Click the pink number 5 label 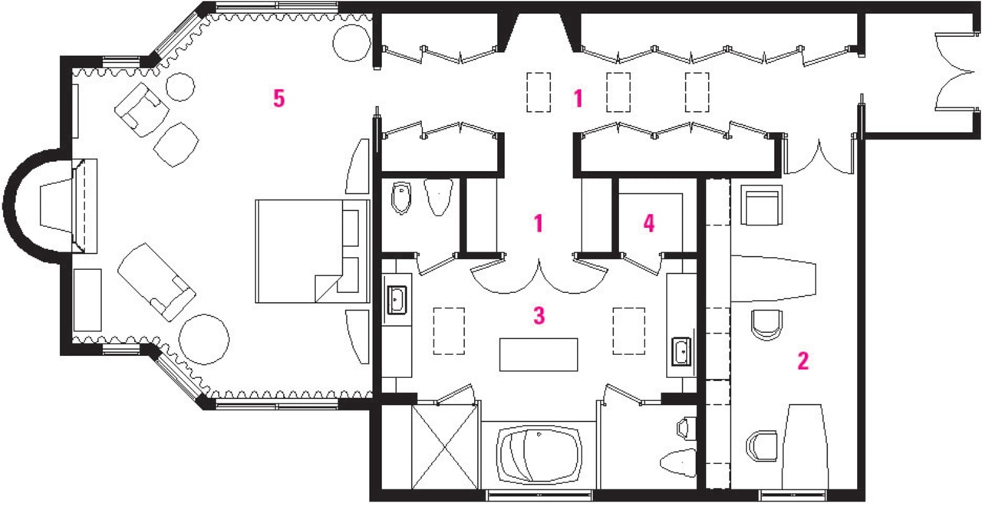[278, 98]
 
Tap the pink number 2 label [802, 360]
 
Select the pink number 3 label [539, 314]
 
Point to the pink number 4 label [649, 224]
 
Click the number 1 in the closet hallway [578, 98]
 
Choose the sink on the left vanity [397, 300]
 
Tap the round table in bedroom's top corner [352, 41]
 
